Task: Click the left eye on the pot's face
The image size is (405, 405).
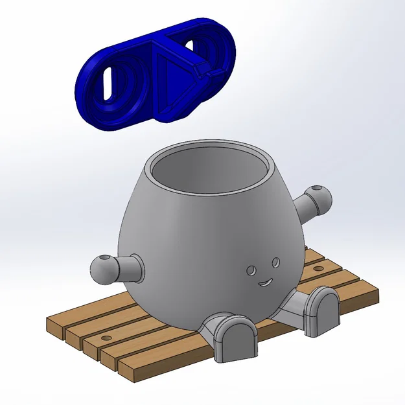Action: coord(251,268)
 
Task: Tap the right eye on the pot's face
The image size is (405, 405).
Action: coord(275,261)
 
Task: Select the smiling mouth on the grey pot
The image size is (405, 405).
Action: coord(264,283)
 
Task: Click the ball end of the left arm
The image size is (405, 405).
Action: coord(102,269)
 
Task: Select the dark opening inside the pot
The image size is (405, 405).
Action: coord(211,172)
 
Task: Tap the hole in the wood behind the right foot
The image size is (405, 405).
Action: coord(318,267)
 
